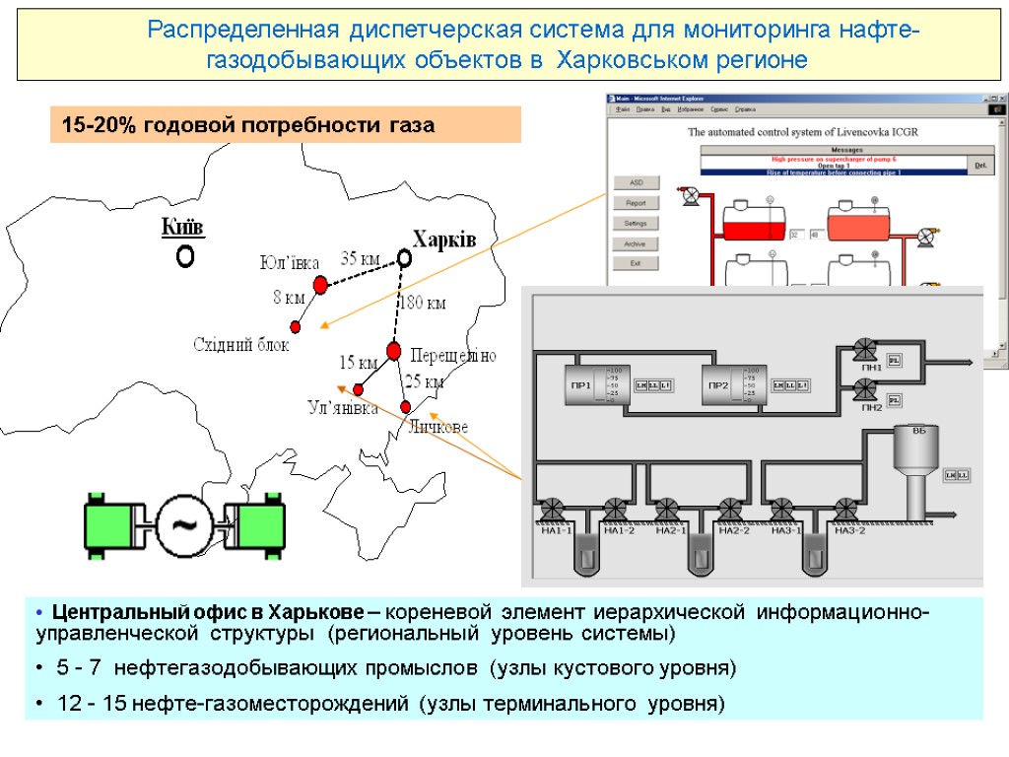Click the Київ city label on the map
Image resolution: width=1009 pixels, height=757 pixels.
point(182,228)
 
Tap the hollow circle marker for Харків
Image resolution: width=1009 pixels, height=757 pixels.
point(404,258)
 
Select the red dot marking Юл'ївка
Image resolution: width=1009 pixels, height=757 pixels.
point(320,285)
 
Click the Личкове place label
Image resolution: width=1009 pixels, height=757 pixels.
point(437,426)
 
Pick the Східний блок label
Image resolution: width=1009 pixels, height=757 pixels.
point(241,344)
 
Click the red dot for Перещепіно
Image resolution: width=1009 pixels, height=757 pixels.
point(394,351)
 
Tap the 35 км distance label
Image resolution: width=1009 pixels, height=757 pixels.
point(361,259)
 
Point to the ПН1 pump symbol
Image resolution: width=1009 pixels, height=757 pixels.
point(866,350)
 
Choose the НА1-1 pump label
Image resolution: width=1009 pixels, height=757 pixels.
point(554,531)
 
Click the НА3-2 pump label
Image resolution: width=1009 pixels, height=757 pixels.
point(850,531)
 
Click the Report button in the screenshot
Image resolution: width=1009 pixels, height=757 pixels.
point(635,203)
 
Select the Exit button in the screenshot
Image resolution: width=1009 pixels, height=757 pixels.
point(635,263)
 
